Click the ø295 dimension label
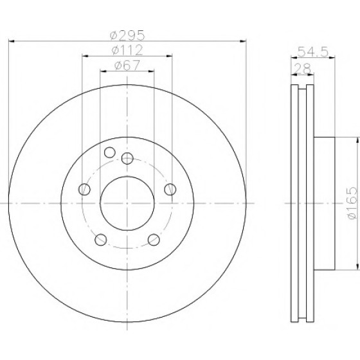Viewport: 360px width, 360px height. (127, 35)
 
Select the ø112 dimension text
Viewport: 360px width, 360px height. (127, 50)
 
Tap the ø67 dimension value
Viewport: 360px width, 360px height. (127, 66)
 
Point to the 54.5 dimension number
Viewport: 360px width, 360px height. (313, 51)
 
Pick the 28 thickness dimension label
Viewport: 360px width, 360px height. (303, 68)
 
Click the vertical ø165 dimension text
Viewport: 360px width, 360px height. (352, 203)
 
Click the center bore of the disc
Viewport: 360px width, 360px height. (127, 203)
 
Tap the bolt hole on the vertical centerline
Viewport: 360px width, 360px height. (127, 158)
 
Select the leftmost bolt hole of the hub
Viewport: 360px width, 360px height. (84, 190)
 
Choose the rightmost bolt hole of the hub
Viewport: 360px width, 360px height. (170, 190)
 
